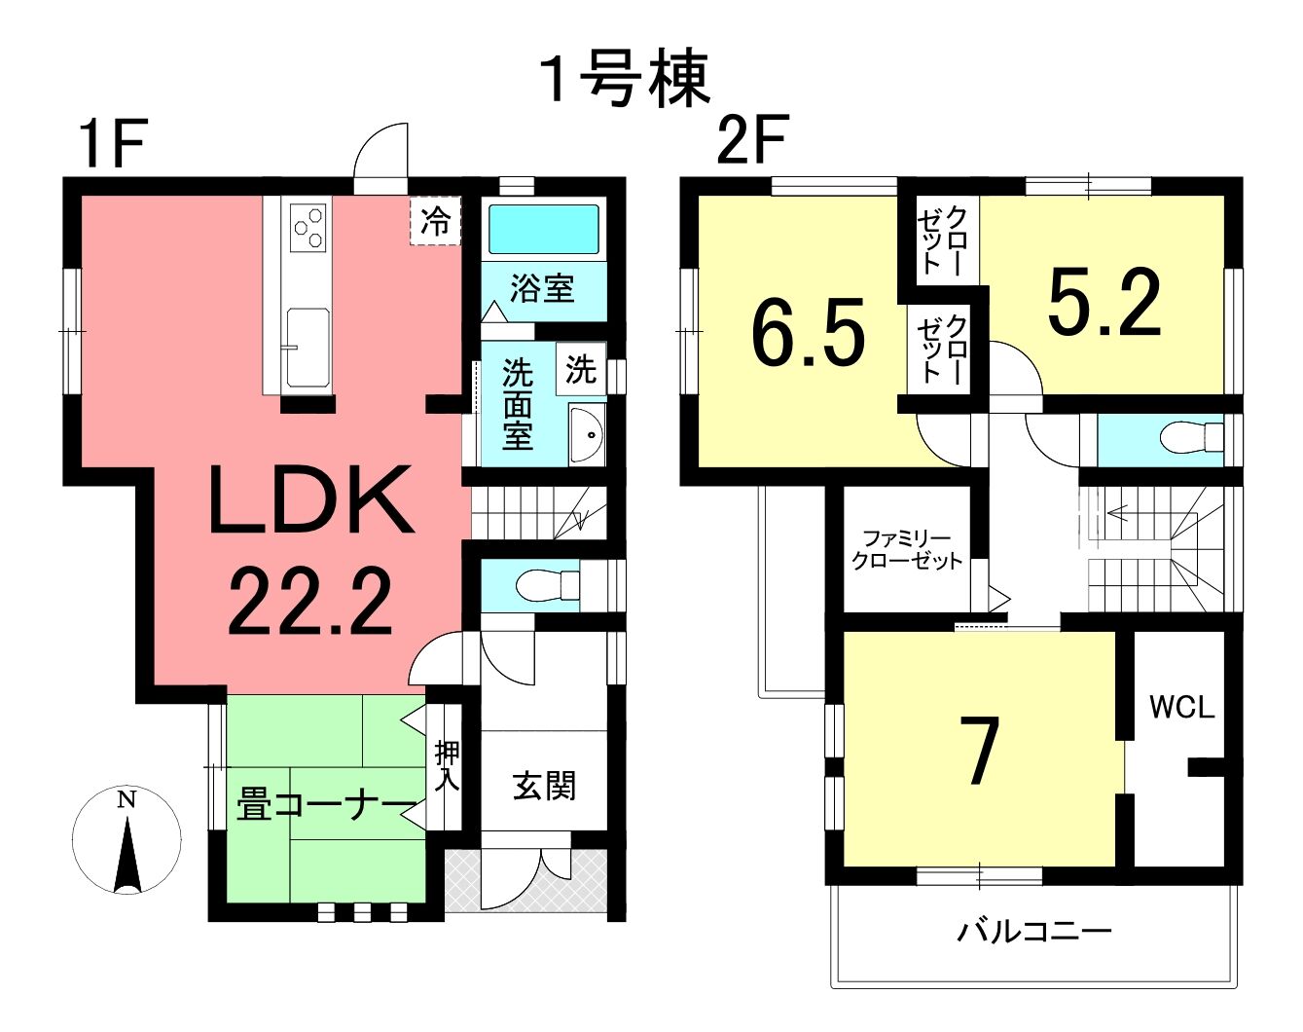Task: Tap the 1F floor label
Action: pos(114,143)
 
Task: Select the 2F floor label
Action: pos(751,140)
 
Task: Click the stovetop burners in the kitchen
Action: pos(308,228)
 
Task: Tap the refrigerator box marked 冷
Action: pos(435,221)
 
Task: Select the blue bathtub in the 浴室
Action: pos(543,229)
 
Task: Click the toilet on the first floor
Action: pos(548,585)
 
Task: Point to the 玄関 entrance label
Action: pos(544,786)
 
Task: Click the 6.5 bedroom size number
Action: pos(808,337)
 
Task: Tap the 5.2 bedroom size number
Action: pos(1104,303)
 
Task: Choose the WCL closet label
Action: pos(1181,707)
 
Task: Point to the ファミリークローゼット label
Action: pos(906,549)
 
